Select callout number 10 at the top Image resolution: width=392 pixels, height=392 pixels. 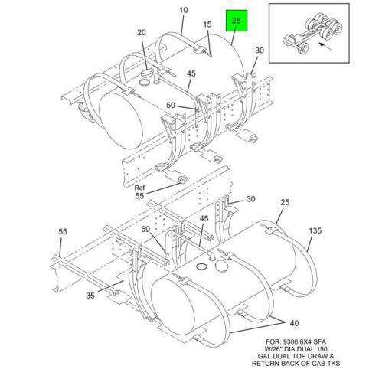(x=183, y=10)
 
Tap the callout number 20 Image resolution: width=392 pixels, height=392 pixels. (x=141, y=32)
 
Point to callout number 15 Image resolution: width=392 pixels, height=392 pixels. (x=207, y=25)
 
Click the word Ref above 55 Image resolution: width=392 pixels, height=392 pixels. (x=139, y=188)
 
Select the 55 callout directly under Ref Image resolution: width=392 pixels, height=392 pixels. (x=139, y=197)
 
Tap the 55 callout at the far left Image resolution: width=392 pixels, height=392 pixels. (x=63, y=231)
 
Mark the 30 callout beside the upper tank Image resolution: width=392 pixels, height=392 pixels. (x=260, y=51)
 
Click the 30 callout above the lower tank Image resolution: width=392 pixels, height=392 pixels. (x=250, y=200)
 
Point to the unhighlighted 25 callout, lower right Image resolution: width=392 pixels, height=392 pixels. (x=285, y=204)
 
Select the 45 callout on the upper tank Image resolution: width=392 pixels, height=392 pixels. (x=191, y=74)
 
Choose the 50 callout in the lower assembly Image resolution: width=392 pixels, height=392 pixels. (x=145, y=229)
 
